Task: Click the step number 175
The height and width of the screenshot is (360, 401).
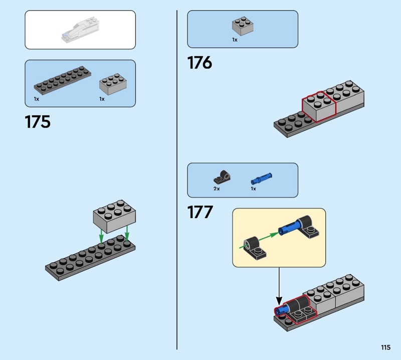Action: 38,122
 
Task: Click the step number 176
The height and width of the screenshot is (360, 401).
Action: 199,63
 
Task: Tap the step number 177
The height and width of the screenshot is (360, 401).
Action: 200,212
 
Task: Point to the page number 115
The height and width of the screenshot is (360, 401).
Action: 385,347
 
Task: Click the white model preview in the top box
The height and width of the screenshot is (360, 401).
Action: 80,29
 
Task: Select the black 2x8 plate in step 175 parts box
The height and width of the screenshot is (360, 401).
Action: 62,80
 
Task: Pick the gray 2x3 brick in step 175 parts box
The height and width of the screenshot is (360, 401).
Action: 113,84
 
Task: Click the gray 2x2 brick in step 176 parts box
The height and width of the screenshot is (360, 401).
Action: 243,26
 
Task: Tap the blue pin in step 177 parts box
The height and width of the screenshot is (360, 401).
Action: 261,178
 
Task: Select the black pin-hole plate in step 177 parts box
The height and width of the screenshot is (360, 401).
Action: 222,177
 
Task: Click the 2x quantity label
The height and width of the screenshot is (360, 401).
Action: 217,189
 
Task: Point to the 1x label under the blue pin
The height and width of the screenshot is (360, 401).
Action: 253,189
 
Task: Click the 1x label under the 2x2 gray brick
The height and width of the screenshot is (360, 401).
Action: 235,40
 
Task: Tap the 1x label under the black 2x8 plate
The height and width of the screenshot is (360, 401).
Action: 36,99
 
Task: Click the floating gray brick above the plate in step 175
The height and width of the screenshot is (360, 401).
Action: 114,217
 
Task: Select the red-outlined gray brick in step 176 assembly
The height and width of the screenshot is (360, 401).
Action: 319,107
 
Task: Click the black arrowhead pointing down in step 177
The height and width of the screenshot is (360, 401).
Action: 279,300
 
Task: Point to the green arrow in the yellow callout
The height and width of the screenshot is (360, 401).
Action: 259,240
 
